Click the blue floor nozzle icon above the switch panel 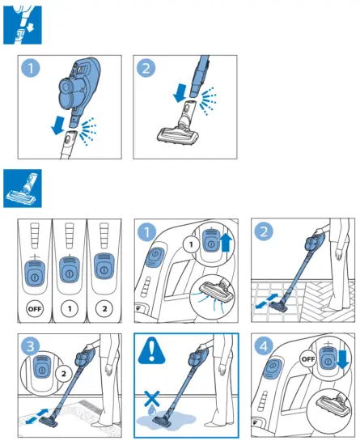pos(22,189)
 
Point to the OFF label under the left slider pos(36,307)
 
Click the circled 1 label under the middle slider pos(71,307)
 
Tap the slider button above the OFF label pos(36,273)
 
